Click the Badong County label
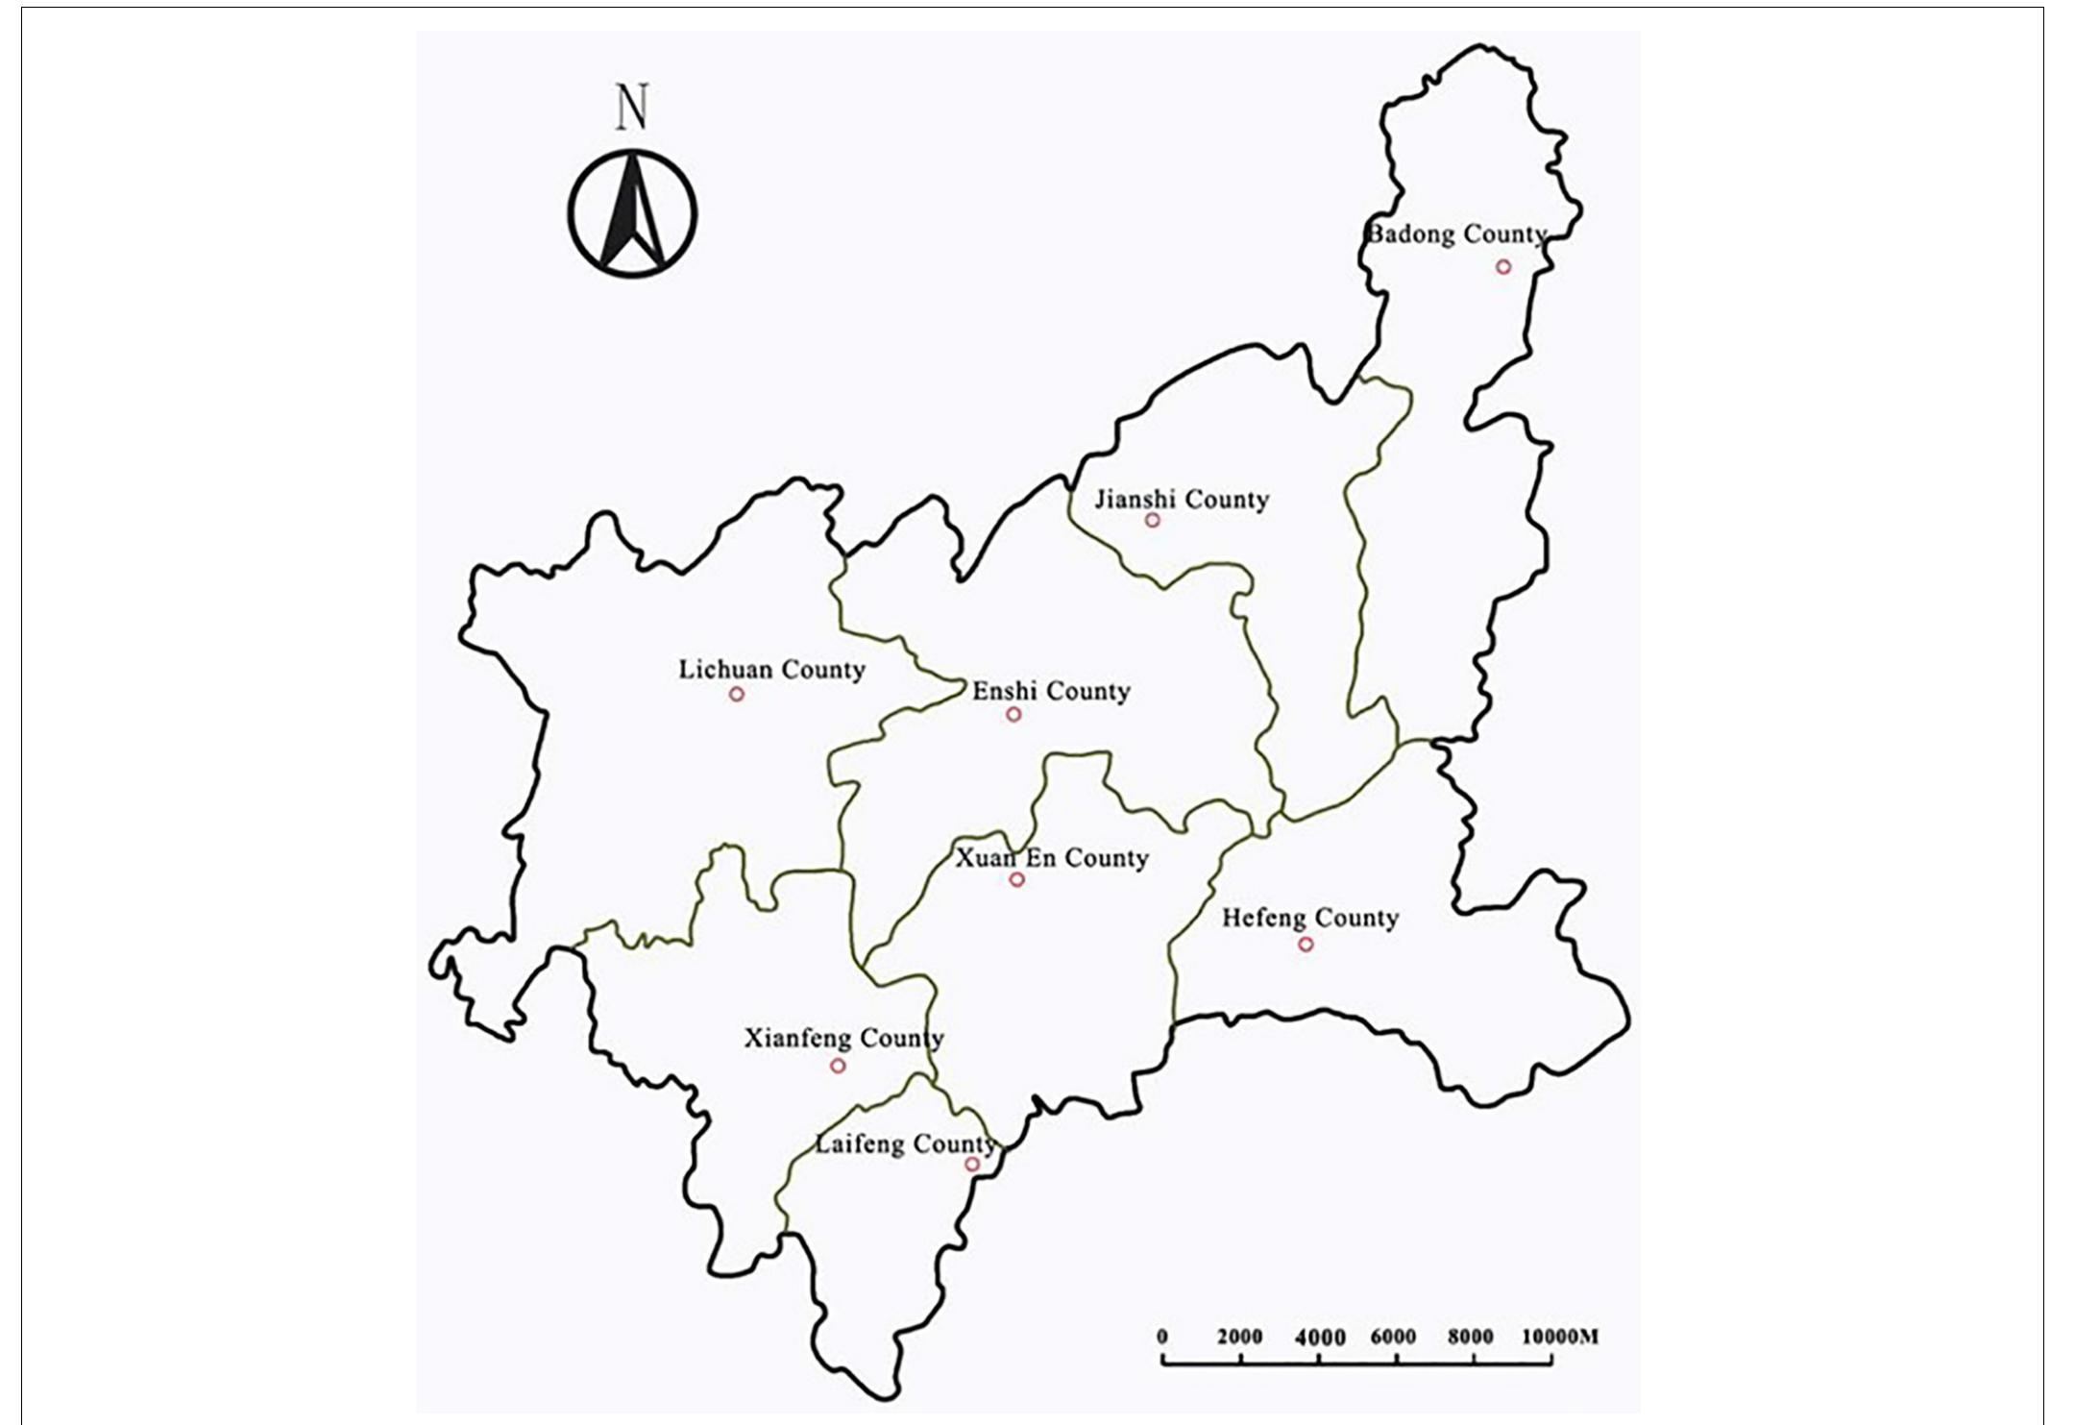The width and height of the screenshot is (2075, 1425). coord(1456,234)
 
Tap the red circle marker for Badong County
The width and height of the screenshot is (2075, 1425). coord(1503,267)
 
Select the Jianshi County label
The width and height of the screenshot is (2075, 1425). coord(1182,500)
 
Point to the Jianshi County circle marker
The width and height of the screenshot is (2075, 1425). coord(1153,521)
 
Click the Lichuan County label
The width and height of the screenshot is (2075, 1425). coord(771,670)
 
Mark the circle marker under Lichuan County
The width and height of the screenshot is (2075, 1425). coord(737,695)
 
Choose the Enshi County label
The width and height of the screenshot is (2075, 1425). coord(1051,692)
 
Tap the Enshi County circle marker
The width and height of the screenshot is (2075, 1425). coord(1013,715)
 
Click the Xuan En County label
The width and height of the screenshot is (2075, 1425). coord(1051,858)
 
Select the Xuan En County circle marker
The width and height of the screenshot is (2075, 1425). coord(1017,880)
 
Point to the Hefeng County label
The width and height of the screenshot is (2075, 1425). coord(1309,919)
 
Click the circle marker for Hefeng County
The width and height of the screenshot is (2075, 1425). coord(1306,945)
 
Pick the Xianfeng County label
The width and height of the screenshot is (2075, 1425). coord(843,1039)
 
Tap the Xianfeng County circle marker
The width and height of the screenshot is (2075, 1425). coord(838,1066)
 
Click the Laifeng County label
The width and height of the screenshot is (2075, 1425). coord(905,1144)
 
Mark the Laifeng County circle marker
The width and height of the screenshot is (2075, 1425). coord(972,1165)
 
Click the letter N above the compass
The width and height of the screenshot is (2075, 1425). coord(632,108)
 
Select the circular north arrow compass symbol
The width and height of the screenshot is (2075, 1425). coord(632,213)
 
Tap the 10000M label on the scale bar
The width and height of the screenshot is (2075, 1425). coord(1560,1337)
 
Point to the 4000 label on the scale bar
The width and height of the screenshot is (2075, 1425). coord(1320,1338)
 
